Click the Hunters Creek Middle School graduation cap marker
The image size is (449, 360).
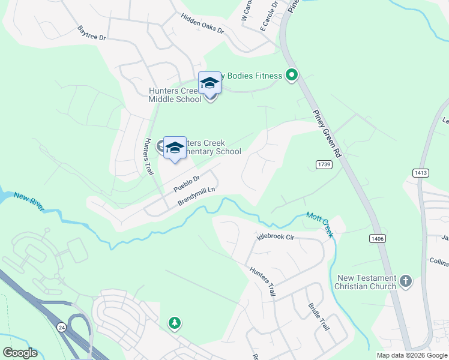coord(209,83)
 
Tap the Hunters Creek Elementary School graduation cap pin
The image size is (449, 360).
coord(175,148)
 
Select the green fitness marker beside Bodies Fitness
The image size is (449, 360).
coord(292,76)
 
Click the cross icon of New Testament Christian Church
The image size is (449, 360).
coord(406,281)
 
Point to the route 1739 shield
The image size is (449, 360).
coord(323,164)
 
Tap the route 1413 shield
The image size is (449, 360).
coord(420,173)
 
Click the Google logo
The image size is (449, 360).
coord(20,353)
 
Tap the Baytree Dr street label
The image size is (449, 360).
coord(91,33)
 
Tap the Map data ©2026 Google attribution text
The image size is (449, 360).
coord(412,355)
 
